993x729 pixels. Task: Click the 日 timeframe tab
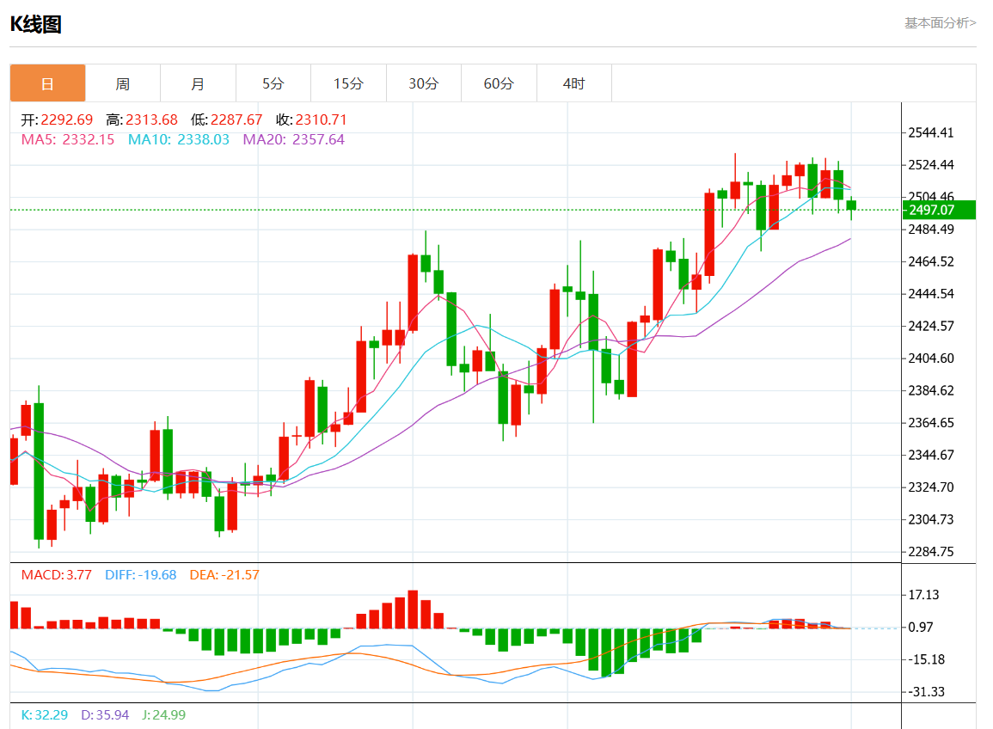[x=47, y=83]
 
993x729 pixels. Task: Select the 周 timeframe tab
[x=123, y=83]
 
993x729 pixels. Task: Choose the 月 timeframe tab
[x=198, y=83]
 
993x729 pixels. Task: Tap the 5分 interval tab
[x=273, y=83]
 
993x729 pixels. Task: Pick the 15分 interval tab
[x=348, y=83]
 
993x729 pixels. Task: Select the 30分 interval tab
[x=423, y=83]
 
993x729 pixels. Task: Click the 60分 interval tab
[x=499, y=83]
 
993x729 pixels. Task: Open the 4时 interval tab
[x=573, y=83]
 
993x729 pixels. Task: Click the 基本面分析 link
[x=940, y=23]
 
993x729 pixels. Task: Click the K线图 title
[x=35, y=24]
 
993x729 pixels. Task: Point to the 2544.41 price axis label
[x=931, y=132]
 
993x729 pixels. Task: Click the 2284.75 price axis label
[x=931, y=551]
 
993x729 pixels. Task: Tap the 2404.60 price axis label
[x=931, y=358]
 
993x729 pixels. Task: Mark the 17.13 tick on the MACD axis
[x=923, y=595]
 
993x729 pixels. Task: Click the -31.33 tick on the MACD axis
[x=925, y=691]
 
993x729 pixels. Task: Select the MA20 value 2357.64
[x=318, y=139]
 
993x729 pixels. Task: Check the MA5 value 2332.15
[x=88, y=139]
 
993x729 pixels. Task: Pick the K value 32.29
[x=52, y=714]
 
